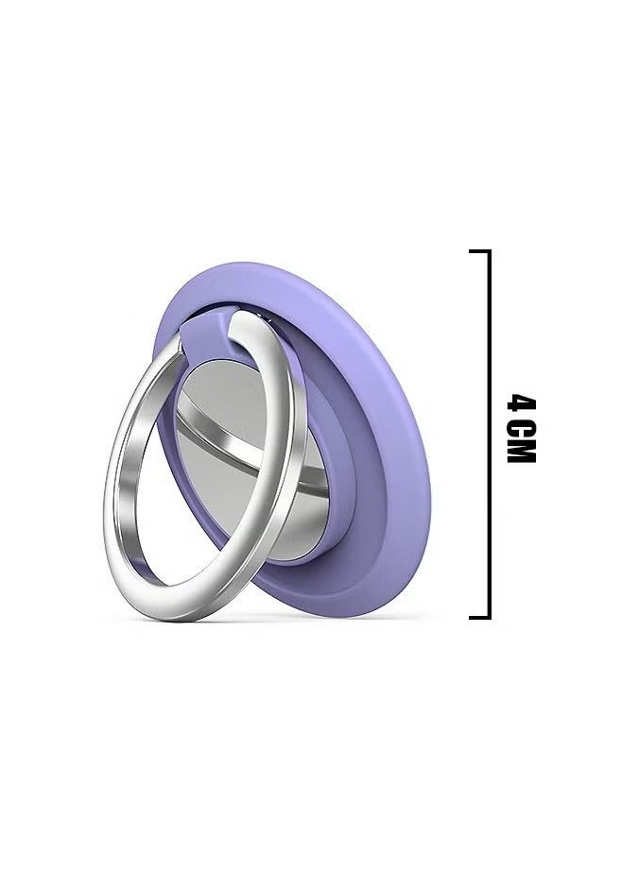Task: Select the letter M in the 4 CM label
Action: (x=519, y=453)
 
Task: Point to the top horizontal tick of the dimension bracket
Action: (x=479, y=252)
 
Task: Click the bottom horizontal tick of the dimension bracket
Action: (x=479, y=615)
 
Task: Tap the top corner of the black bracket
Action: (x=488, y=252)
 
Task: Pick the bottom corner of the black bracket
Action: (x=488, y=615)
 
